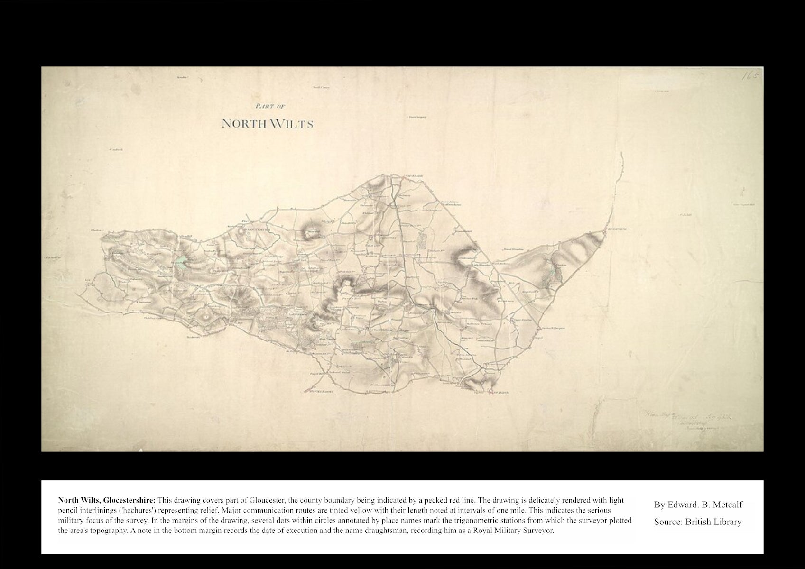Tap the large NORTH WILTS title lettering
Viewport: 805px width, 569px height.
click(268, 124)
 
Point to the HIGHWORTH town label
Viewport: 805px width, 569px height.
click(617, 229)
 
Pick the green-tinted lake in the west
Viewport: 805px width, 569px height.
click(182, 261)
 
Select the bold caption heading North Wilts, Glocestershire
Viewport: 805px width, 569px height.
click(106, 500)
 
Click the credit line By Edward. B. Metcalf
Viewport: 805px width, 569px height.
click(698, 505)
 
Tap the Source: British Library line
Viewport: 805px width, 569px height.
click(697, 522)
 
